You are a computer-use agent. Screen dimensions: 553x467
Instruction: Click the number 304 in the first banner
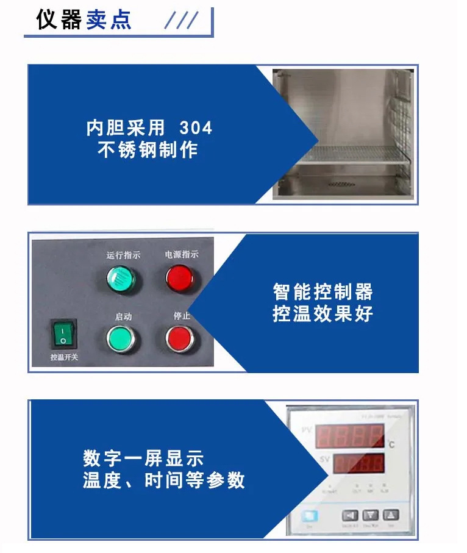pyautogui.click(x=196, y=128)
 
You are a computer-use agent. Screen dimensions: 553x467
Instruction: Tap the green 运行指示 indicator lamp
pyautogui.click(x=121, y=279)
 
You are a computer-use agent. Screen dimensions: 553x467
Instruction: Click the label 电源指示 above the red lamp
pyautogui.click(x=182, y=255)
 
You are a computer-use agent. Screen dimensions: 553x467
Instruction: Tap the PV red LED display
pyautogui.click(x=349, y=437)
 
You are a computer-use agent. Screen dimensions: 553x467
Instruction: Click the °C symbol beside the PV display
pyautogui.click(x=390, y=444)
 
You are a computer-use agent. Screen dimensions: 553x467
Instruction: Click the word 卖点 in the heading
pyautogui.click(x=109, y=20)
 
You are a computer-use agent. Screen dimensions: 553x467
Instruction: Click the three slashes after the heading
pyautogui.click(x=181, y=20)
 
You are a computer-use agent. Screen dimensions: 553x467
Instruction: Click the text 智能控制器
pyautogui.click(x=323, y=291)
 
